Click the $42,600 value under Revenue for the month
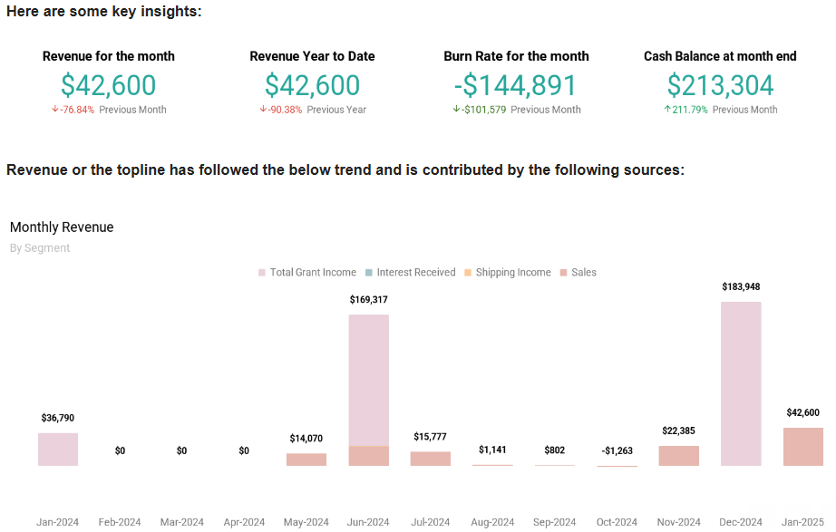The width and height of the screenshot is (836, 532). tap(108, 85)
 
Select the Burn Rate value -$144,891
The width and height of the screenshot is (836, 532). tap(516, 85)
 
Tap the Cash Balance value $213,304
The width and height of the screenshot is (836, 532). tap(720, 85)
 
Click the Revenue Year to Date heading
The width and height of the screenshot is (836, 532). tap(312, 56)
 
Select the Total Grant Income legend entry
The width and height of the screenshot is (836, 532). tap(307, 272)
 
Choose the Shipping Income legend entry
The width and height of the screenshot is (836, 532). tap(507, 272)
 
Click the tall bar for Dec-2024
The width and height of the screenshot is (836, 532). tap(741, 383)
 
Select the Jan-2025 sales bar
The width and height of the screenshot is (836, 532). tap(802, 447)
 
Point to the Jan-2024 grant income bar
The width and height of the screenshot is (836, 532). tap(58, 450)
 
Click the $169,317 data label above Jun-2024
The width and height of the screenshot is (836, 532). tap(368, 299)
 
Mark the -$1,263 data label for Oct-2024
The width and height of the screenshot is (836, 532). tap(617, 450)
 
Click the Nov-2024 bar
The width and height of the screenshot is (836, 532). tap(678, 456)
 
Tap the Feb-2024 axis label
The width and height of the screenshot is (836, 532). tap(120, 522)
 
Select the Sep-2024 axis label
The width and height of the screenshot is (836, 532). tap(554, 522)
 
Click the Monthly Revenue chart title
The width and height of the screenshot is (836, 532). tap(62, 227)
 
